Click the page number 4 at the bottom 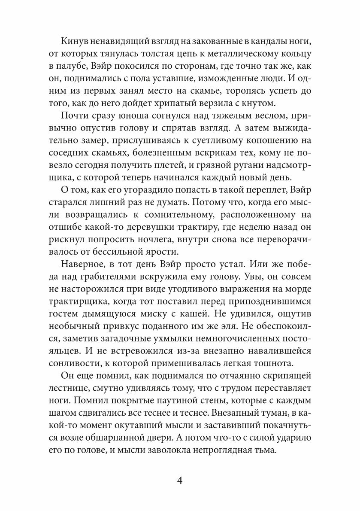tap(180, 480)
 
